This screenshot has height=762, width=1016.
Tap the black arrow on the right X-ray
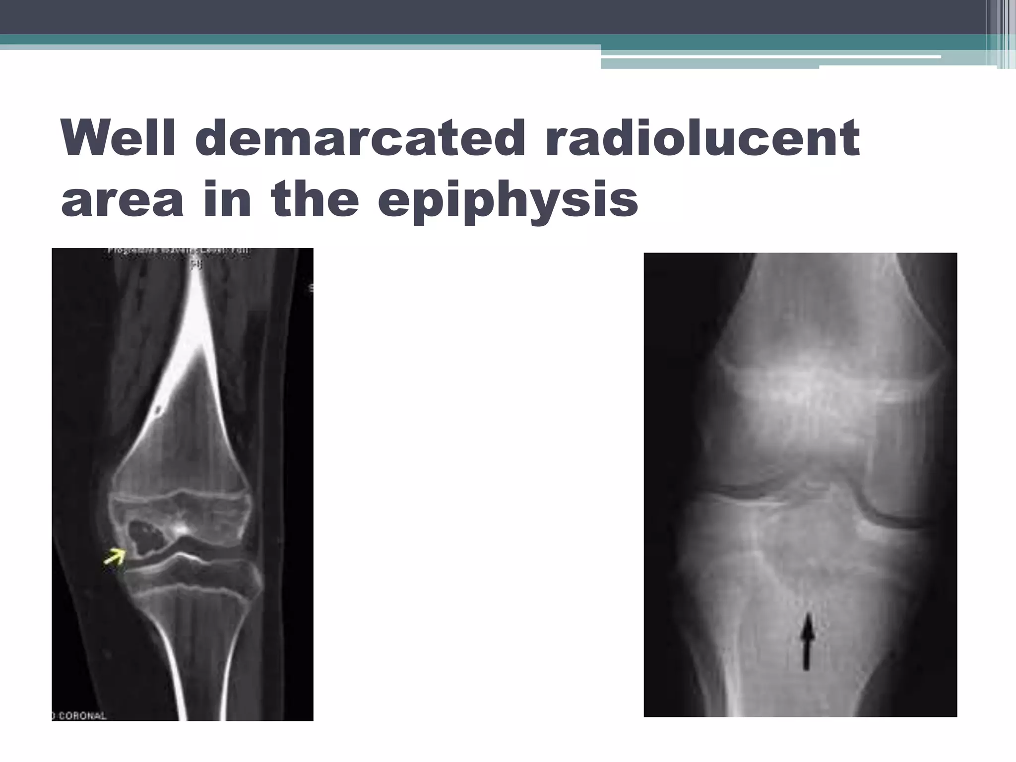[x=808, y=641]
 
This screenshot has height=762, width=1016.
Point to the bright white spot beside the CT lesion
[x=181, y=529]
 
